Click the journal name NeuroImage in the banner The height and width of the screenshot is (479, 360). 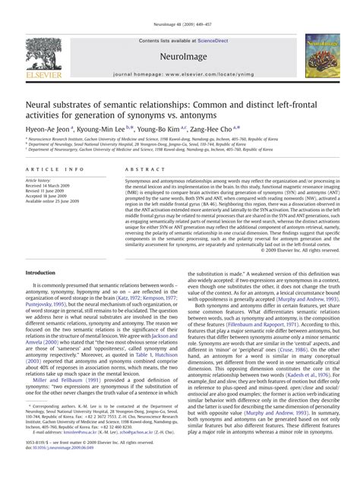(x=180, y=56)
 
